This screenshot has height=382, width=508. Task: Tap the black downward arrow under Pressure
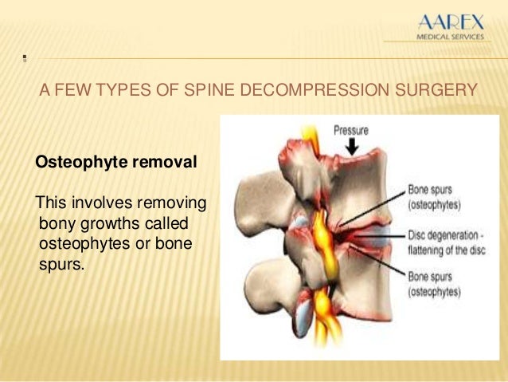[x=351, y=147]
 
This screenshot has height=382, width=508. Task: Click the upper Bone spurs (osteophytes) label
[x=434, y=197]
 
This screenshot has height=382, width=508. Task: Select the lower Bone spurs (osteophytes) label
[x=434, y=286]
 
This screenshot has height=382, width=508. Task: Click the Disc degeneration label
[x=442, y=236]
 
